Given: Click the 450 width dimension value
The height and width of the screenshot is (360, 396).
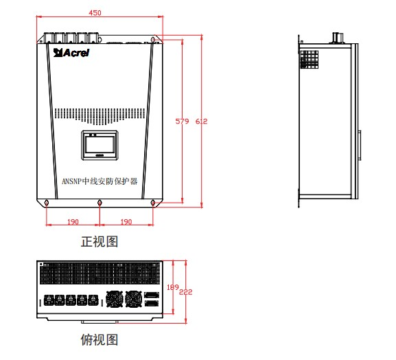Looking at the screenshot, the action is click(x=95, y=12).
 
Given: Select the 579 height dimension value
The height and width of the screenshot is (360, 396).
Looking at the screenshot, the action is click(x=182, y=122).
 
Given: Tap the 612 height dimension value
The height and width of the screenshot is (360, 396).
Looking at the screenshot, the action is click(x=201, y=122).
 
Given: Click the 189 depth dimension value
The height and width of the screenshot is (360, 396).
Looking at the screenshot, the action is click(x=173, y=287).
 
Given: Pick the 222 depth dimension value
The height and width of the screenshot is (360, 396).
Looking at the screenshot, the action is click(x=186, y=292).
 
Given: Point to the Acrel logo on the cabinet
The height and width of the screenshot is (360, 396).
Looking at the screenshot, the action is click(x=71, y=53).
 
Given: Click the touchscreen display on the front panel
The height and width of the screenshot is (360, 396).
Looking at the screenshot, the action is click(x=100, y=145).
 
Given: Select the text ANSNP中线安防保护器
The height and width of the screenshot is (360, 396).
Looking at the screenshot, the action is click(x=100, y=181).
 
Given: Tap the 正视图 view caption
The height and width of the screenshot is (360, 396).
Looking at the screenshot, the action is click(x=100, y=241).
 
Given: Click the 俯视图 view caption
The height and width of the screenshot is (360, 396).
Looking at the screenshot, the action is click(x=100, y=339).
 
